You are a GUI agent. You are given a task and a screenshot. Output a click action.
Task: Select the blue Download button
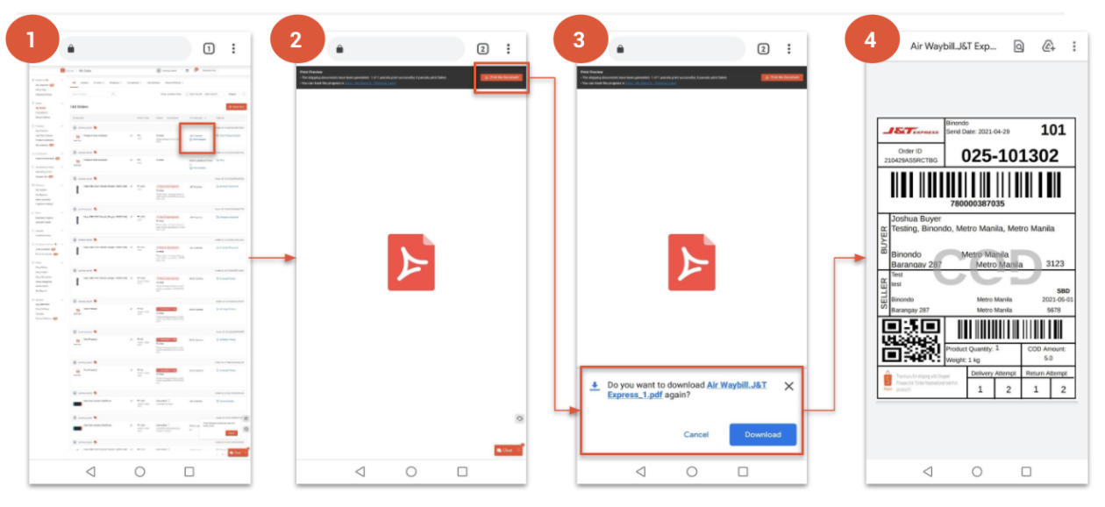click(x=762, y=434)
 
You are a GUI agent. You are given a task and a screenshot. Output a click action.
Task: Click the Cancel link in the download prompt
click(x=695, y=434)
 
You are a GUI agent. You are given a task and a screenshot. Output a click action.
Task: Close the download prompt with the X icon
click(x=788, y=386)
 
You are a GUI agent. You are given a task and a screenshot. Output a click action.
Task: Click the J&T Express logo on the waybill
click(x=909, y=131)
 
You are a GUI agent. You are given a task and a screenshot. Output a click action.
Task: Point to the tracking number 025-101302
click(x=1009, y=156)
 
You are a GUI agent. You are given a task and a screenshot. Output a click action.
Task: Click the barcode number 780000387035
click(x=977, y=204)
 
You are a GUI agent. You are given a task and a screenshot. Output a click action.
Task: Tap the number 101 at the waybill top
click(x=1052, y=130)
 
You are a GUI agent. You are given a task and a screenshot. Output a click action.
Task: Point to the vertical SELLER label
click(x=884, y=293)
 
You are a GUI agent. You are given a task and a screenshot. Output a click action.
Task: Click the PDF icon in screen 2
click(x=411, y=262)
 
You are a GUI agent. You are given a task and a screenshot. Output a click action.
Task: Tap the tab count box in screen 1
click(x=209, y=49)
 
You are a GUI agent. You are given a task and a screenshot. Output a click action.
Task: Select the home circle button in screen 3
click(x=692, y=471)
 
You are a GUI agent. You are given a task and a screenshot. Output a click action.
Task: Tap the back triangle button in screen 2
click(x=360, y=471)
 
